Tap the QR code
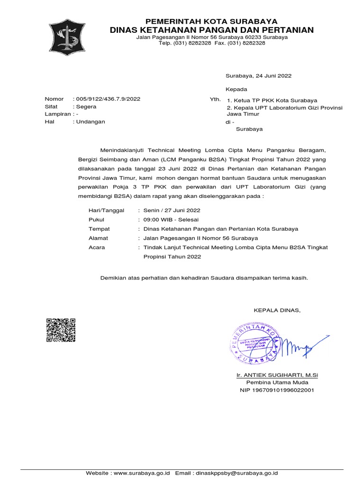(61, 330)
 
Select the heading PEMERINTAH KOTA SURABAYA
(211, 21)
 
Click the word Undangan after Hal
(91, 121)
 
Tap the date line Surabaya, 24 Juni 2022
(258, 75)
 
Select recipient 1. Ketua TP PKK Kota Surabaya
(272, 100)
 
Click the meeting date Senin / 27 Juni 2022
(172, 210)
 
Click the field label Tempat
(99, 229)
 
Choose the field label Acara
(97, 247)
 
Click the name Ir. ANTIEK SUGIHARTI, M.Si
(277, 375)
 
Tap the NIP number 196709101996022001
(277, 390)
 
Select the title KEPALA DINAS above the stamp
(277, 310)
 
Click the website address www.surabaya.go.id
(142, 473)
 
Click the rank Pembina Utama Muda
(277, 383)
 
